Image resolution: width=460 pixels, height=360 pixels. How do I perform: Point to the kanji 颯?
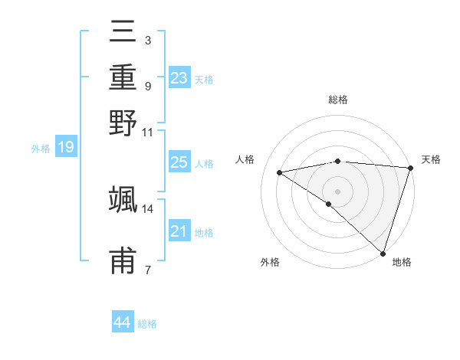(x=123, y=198)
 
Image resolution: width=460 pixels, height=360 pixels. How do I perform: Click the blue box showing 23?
(x=179, y=78)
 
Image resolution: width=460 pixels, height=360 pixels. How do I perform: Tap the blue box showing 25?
(x=179, y=162)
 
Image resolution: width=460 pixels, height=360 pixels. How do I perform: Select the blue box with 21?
(x=179, y=231)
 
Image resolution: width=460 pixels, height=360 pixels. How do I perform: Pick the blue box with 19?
(x=65, y=147)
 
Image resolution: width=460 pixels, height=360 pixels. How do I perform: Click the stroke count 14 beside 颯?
(x=148, y=208)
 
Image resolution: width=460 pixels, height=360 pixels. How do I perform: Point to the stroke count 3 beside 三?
(x=147, y=40)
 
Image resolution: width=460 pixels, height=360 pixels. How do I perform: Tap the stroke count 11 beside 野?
(x=148, y=132)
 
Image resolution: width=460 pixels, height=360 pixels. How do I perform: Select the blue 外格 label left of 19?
(x=40, y=149)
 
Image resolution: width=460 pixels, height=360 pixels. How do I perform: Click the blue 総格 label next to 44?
(x=147, y=324)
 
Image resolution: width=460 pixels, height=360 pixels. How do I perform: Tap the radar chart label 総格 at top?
(x=338, y=100)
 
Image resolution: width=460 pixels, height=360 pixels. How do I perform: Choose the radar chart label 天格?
(x=431, y=159)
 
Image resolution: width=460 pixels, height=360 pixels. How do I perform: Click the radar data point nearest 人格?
(x=279, y=172)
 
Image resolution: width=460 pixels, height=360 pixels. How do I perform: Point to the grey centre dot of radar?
(x=337, y=191)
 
